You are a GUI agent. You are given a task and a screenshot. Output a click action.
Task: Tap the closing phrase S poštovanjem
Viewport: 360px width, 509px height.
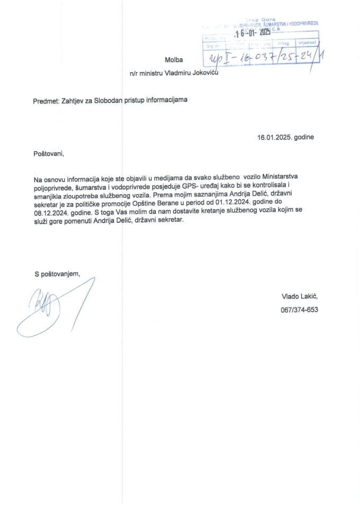pos(57,274)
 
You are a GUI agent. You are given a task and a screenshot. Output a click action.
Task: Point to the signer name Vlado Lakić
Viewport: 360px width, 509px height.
pos(300,298)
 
